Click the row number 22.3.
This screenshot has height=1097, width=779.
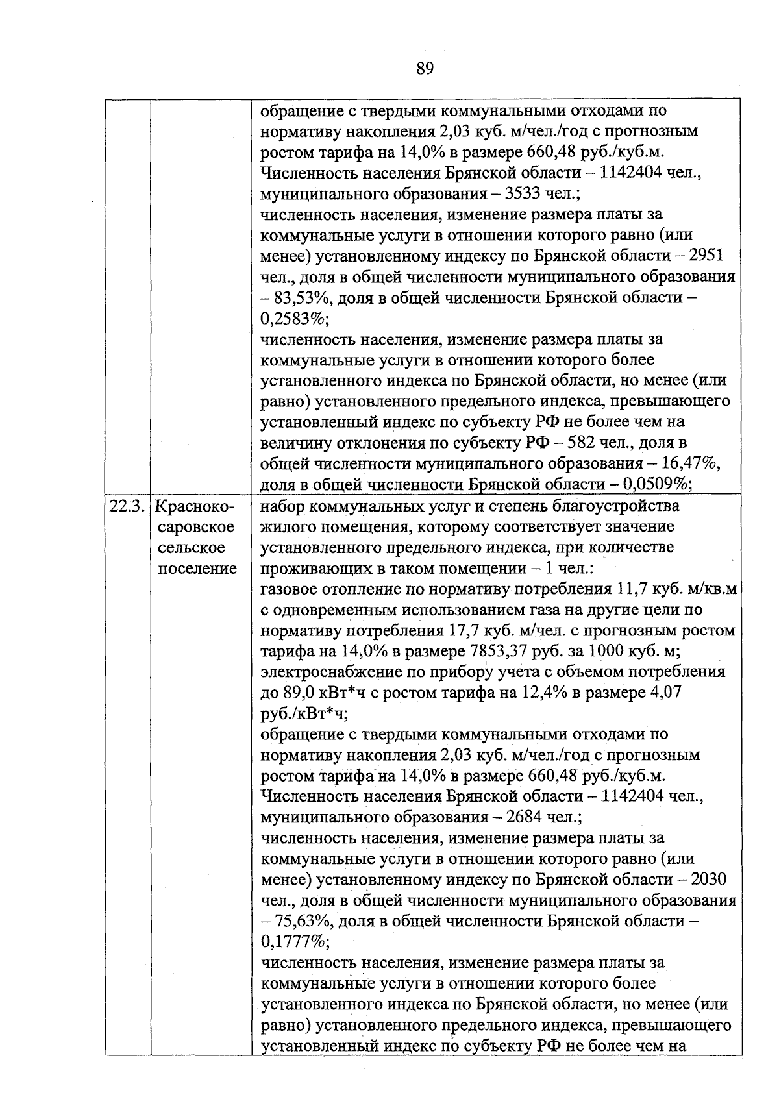point(127,506)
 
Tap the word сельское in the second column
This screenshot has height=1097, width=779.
point(192,548)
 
